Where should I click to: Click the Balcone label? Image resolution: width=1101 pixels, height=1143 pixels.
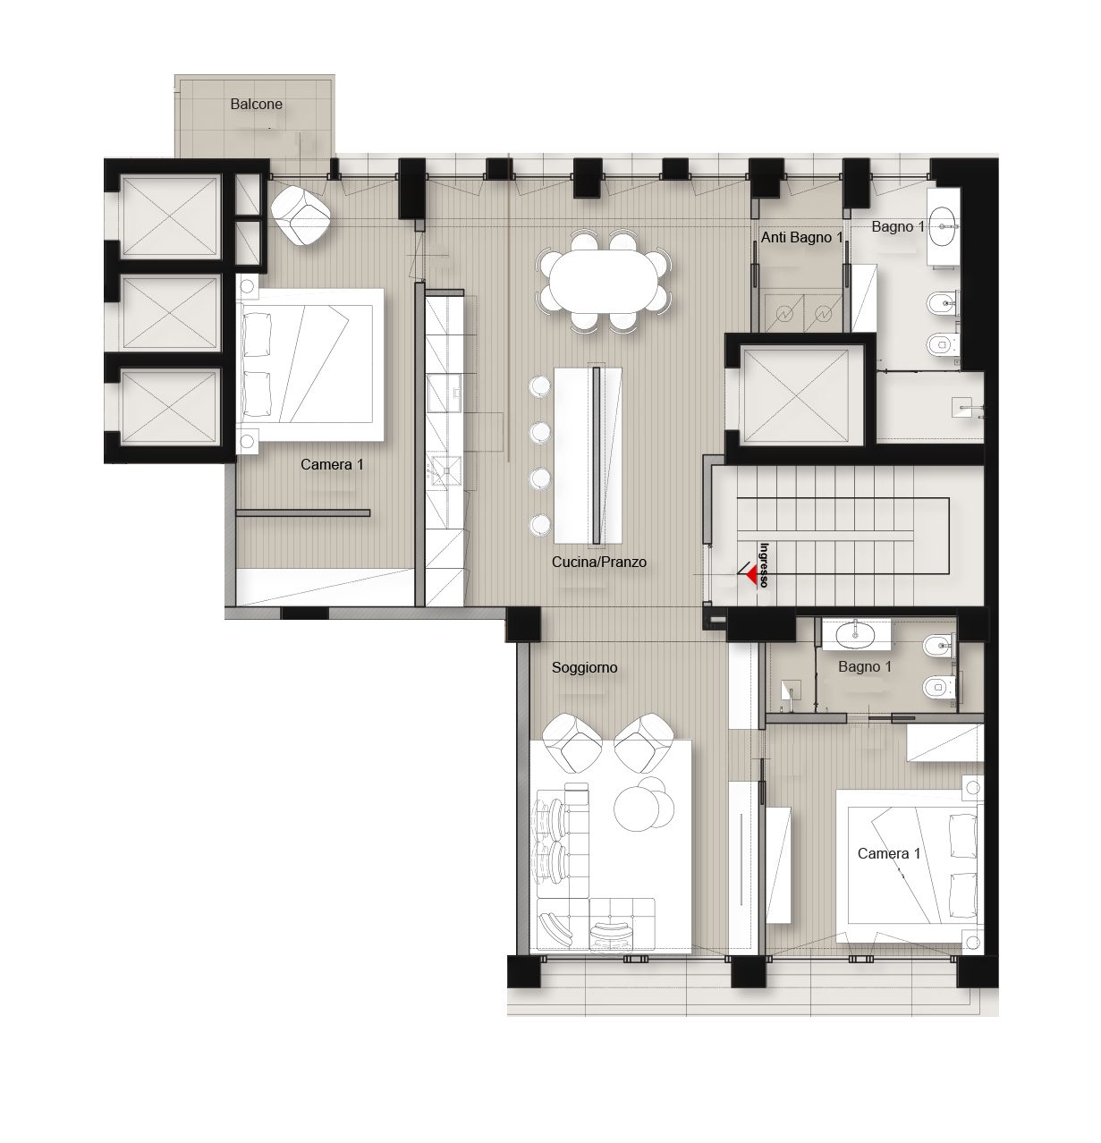pos(256,104)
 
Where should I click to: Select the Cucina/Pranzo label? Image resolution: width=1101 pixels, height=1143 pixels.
pos(598,562)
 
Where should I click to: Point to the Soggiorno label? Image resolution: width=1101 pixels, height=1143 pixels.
pos(585,667)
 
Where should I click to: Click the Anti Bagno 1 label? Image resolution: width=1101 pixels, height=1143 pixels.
pos(802,237)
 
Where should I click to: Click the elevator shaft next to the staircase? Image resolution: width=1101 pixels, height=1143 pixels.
pos(796,394)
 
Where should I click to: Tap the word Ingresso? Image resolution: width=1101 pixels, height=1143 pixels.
pos(763,564)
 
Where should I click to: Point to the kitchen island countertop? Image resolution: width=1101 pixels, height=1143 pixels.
pos(589,455)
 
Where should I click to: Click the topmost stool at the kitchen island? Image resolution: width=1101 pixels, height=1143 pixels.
pos(538,386)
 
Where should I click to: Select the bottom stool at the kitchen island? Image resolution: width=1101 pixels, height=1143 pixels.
pos(538,524)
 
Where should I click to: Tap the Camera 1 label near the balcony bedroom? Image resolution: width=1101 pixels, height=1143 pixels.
pos(332,464)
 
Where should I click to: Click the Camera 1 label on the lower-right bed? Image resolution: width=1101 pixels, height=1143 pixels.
pos(889,853)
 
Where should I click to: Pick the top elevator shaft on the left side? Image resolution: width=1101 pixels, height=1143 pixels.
pos(169,216)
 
